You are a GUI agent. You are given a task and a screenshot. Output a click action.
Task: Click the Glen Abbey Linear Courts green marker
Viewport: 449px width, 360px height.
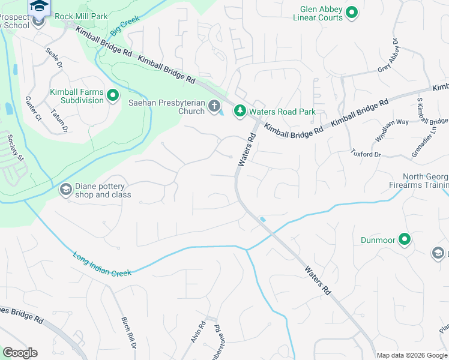click(x=352, y=12)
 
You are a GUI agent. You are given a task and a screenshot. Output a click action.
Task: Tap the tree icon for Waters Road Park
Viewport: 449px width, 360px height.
click(x=240, y=110)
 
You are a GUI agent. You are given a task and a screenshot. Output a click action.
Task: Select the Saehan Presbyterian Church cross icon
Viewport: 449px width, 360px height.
click(x=214, y=107)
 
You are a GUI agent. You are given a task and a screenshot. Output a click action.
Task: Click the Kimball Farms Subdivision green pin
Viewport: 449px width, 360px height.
click(x=112, y=95)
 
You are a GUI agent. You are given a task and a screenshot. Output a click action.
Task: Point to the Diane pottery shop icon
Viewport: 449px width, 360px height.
click(x=65, y=190)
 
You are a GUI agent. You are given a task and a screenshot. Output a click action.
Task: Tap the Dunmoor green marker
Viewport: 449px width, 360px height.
click(x=405, y=240)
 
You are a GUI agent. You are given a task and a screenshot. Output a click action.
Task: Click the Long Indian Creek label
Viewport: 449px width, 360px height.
click(x=102, y=265)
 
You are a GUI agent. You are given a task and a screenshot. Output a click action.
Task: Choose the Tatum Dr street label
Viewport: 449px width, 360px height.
click(x=59, y=119)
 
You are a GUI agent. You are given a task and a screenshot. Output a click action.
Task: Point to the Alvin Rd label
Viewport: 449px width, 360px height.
click(x=199, y=332)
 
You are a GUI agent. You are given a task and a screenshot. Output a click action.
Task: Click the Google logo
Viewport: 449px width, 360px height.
click(x=20, y=353)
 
